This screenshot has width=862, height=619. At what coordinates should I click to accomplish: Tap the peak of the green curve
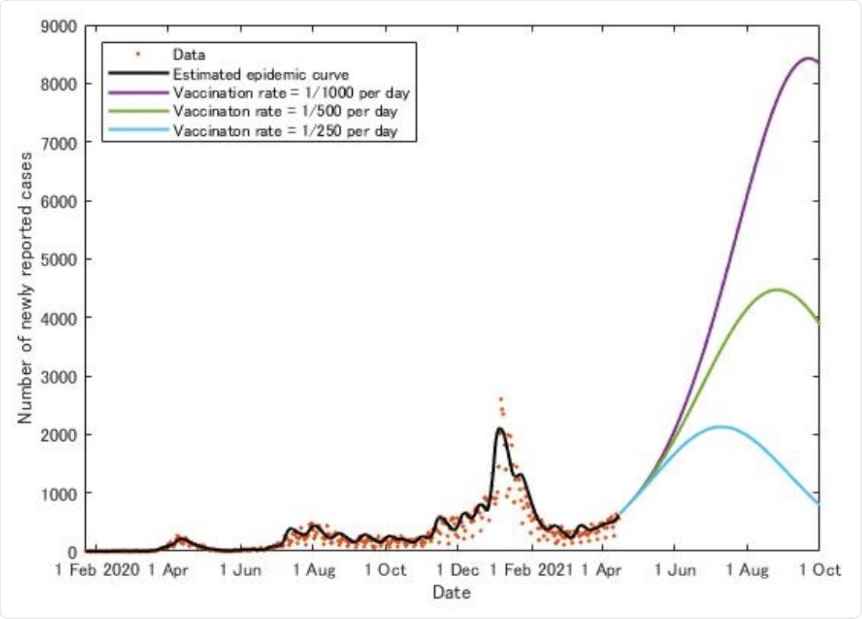[x=777, y=290]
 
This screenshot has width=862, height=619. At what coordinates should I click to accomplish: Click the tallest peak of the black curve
[x=500, y=428]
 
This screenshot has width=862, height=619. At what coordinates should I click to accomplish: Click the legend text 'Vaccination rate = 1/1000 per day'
[x=290, y=93]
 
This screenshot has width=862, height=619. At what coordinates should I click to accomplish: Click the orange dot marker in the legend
[x=137, y=55]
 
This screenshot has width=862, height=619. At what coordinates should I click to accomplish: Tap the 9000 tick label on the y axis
[x=59, y=26]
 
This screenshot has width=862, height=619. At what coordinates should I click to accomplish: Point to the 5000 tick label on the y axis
[x=59, y=259]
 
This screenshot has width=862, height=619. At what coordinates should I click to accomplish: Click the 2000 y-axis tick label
[x=59, y=434]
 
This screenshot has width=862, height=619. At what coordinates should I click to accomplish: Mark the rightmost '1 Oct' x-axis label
[x=817, y=571]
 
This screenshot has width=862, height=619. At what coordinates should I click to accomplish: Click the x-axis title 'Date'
[x=451, y=593]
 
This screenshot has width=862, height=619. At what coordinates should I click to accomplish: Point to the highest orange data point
[x=500, y=399]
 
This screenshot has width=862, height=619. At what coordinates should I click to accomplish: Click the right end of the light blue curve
[x=818, y=504]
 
